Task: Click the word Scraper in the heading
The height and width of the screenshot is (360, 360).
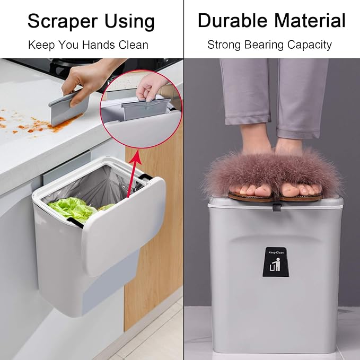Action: click(x=63, y=21)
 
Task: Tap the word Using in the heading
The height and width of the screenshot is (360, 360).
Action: click(x=129, y=21)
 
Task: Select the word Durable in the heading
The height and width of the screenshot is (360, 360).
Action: click(x=233, y=21)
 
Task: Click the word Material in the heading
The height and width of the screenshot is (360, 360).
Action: click(x=310, y=21)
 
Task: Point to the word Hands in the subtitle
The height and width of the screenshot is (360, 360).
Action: click(x=99, y=45)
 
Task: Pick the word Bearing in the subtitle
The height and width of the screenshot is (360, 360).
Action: click(x=264, y=45)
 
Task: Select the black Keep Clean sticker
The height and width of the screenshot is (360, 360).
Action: click(x=276, y=261)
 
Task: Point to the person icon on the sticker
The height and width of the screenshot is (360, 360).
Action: click(x=278, y=264)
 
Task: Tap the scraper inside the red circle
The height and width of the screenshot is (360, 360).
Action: click(x=146, y=108)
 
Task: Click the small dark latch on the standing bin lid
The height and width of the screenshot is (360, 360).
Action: click(x=277, y=207)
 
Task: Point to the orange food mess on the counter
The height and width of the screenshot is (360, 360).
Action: click(x=34, y=125)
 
